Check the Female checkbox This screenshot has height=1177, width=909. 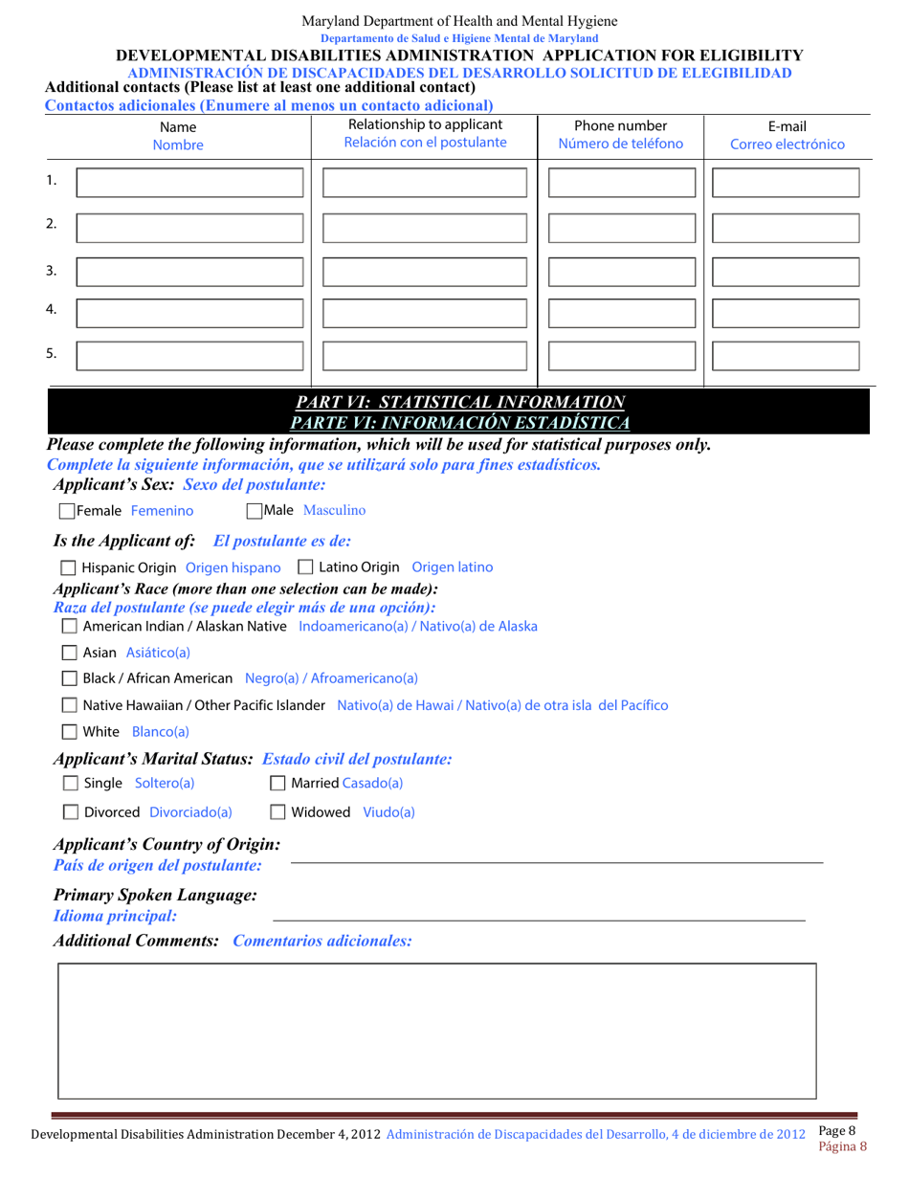pyautogui.click(x=66, y=511)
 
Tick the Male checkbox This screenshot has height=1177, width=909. pyautogui.click(x=255, y=511)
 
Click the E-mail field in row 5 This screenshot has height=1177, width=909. pyautogui.click(x=786, y=356)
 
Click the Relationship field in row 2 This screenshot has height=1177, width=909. pyautogui.click(x=425, y=228)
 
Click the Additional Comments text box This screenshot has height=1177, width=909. pyautogui.click(x=437, y=1031)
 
